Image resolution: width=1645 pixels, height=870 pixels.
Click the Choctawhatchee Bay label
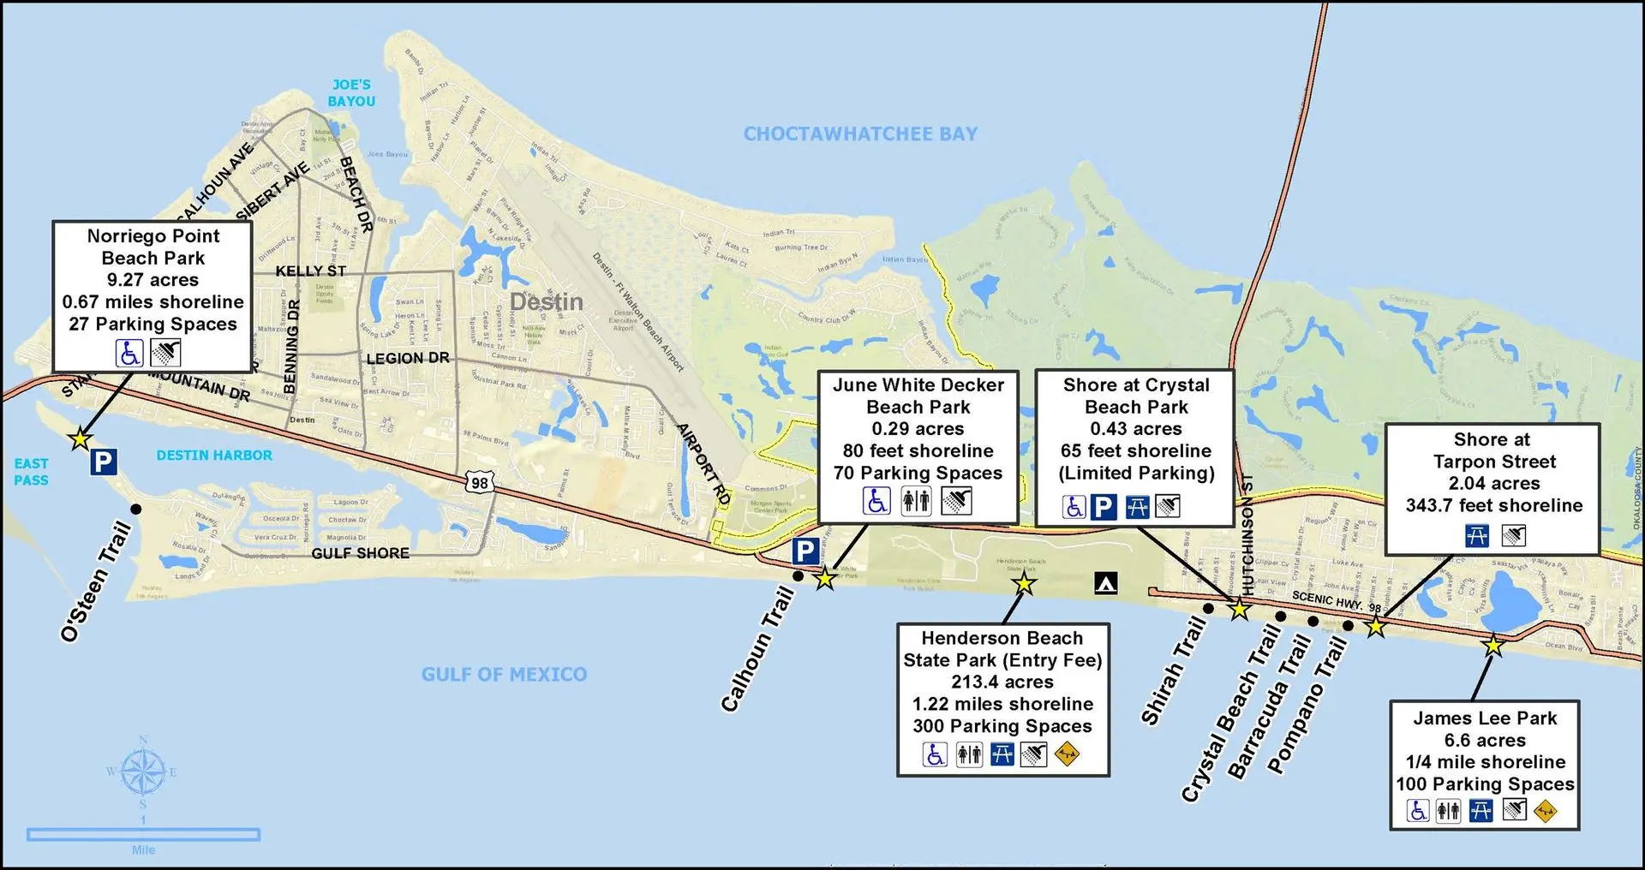point(860,134)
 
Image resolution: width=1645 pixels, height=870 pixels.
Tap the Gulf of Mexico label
point(504,675)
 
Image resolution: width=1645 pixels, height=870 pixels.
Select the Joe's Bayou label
point(351,92)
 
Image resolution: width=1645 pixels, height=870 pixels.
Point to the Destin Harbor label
point(214,456)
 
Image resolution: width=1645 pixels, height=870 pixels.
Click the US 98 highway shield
point(480,483)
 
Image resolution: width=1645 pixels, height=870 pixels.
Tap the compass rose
point(142,772)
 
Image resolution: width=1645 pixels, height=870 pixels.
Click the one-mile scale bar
point(143,834)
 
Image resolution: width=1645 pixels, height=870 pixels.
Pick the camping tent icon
point(1105,584)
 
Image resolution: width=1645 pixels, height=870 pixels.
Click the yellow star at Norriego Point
point(80,439)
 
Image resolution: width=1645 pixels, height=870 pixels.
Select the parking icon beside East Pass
point(103,462)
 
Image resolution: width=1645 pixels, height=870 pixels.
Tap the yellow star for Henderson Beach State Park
point(1024,585)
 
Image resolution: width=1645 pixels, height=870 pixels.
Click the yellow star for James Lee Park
point(1492,646)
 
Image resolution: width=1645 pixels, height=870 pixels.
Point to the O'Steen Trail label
point(96,581)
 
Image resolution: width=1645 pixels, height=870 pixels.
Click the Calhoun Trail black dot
point(798,576)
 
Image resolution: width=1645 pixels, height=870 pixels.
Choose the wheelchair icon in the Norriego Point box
point(130,353)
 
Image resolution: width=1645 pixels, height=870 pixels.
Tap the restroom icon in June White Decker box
point(916,501)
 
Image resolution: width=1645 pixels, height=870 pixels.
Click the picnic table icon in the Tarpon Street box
point(1477,536)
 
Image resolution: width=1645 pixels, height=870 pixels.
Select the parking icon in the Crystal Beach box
point(1104,507)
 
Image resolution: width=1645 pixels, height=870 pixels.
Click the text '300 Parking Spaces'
point(1002,726)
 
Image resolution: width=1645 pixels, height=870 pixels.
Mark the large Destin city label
point(546,301)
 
